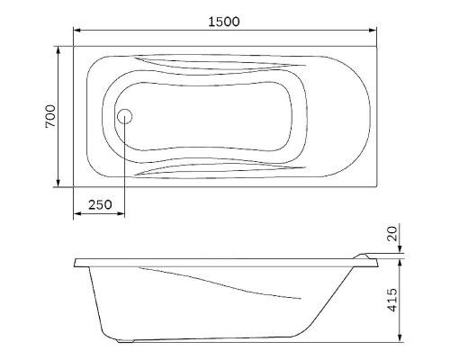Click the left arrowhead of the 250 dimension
(x=78, y=214)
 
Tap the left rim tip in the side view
(x=76, y=263)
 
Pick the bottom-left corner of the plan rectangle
(x=74, y=189)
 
